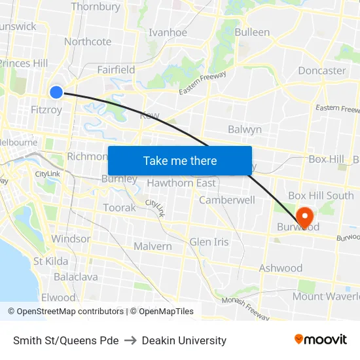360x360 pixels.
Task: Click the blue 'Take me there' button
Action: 179,160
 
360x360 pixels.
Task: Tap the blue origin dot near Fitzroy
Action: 56,92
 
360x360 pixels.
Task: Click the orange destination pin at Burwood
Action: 305,217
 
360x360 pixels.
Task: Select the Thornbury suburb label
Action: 96,7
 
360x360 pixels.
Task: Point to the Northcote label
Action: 88,42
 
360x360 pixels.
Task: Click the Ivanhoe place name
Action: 168,33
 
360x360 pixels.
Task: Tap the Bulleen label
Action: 252,32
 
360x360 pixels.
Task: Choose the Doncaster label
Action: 321,71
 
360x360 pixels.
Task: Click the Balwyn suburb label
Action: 245,130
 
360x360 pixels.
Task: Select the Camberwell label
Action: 227,200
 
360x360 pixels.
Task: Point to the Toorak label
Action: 119,208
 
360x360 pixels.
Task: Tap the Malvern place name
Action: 153,247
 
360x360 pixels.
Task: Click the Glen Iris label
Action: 209,242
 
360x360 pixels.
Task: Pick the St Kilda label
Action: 51,261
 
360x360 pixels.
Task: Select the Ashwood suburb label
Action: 281,268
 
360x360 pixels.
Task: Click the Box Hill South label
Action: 321,196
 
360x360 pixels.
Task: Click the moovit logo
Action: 321,339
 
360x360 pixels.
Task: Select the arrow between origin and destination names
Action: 130,340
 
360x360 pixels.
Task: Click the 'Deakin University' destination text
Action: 184,340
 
